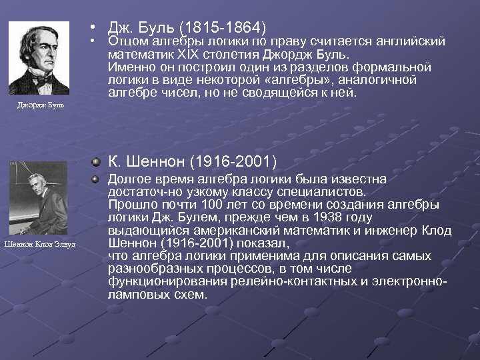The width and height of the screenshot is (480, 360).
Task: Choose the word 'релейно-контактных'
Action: click(281, 281)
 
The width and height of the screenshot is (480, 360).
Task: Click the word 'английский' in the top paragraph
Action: click(415, 42)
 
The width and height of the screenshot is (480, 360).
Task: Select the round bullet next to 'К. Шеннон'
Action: click(98, 161)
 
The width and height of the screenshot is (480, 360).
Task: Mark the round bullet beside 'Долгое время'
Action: click(98, 179)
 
